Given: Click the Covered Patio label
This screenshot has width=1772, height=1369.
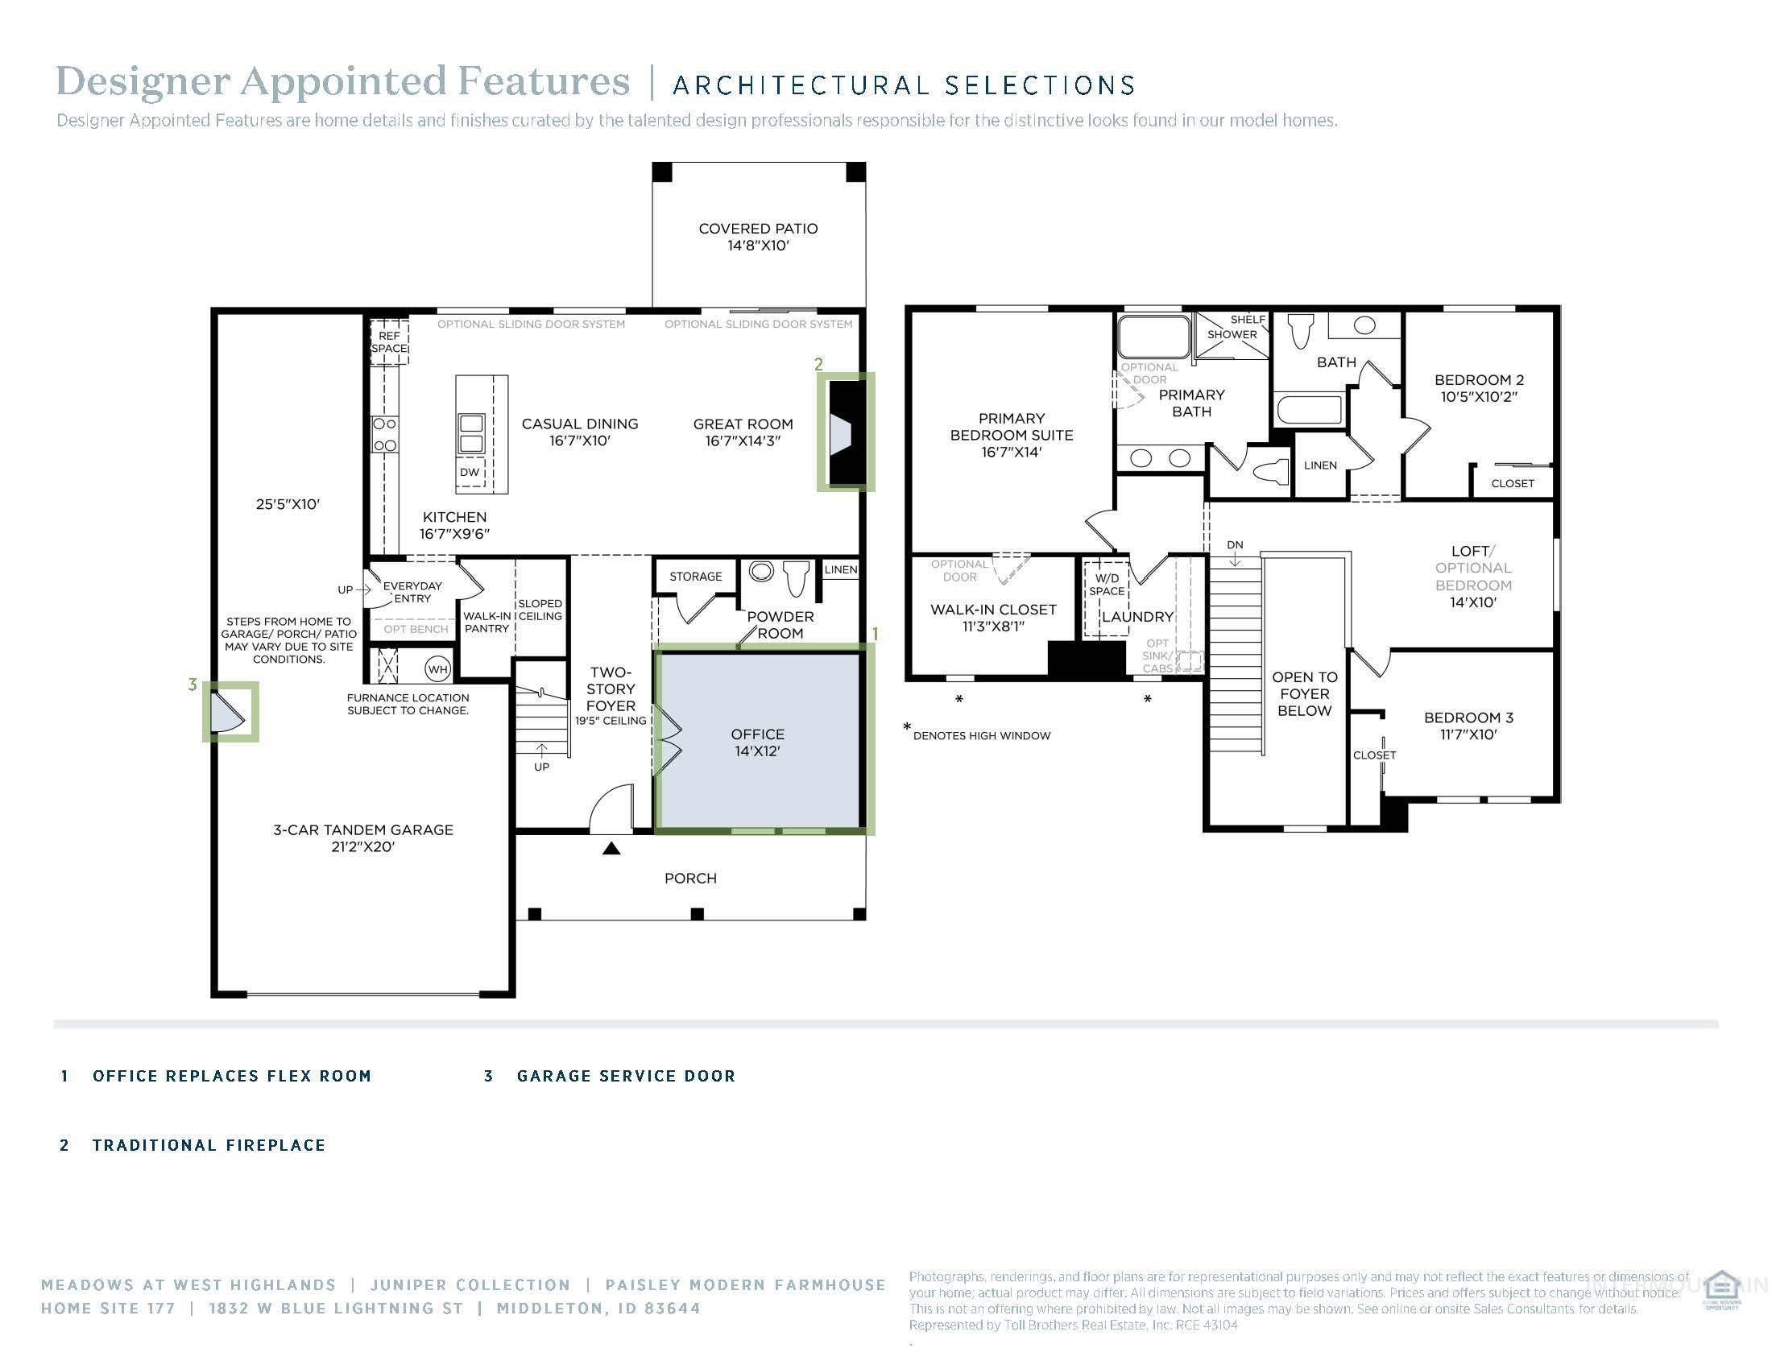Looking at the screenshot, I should point(758,237).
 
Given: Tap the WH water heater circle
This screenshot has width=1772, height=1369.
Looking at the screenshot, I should point(438,669).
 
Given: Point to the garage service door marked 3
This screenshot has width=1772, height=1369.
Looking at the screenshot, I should point(228,711).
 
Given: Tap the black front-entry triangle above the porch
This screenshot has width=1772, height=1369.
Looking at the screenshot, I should point(612,848).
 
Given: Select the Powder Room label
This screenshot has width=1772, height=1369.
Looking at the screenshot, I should point(780,624).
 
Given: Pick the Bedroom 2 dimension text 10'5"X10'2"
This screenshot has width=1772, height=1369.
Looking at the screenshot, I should point(1478,397).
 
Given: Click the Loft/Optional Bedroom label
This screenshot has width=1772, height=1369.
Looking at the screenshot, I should point(1472,576).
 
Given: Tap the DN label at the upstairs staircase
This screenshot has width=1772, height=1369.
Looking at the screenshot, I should point(1235,545).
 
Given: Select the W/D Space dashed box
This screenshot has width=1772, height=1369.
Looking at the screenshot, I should point(1107,597).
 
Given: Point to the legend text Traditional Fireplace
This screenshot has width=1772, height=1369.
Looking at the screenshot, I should point(209,1145).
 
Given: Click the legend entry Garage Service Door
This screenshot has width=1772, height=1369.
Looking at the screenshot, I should point(626,1076).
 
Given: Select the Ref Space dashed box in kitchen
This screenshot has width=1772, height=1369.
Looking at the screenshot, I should point(390,341).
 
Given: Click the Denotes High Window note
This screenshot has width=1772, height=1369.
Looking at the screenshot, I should point(981,735).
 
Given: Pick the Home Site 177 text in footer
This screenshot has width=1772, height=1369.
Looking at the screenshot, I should point(108,1308).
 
